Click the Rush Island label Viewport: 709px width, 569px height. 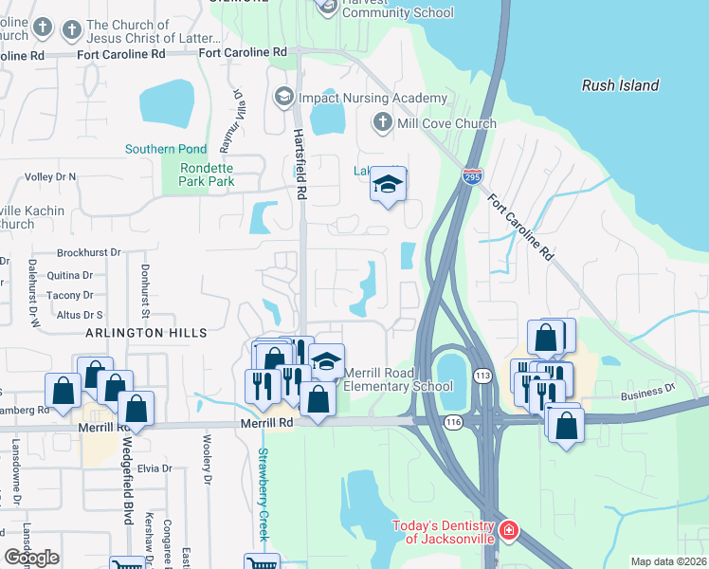pos(620,85)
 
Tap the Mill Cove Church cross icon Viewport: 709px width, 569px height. pos(382,122)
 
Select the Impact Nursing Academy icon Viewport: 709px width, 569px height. pos(283,98)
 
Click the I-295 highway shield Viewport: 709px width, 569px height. pos(471,176)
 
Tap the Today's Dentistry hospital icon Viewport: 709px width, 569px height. pos(509,529)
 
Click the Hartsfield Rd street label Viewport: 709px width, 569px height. pos(299,164)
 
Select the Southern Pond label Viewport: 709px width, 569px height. pos(165,149)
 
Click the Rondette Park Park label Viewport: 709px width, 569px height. pos(193,174)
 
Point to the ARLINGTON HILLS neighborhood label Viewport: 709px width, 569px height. pos(146,333)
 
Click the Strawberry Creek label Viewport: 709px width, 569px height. pos(264,492)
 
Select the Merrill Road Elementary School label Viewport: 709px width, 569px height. pos(397,379)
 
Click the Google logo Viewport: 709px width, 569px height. pos(31,558)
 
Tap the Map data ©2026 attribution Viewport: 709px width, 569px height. pos(668,561)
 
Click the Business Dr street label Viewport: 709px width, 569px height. pos(647,388)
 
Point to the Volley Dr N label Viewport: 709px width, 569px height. pos(49,176)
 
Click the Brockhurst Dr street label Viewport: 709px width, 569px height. pos(89,252)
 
